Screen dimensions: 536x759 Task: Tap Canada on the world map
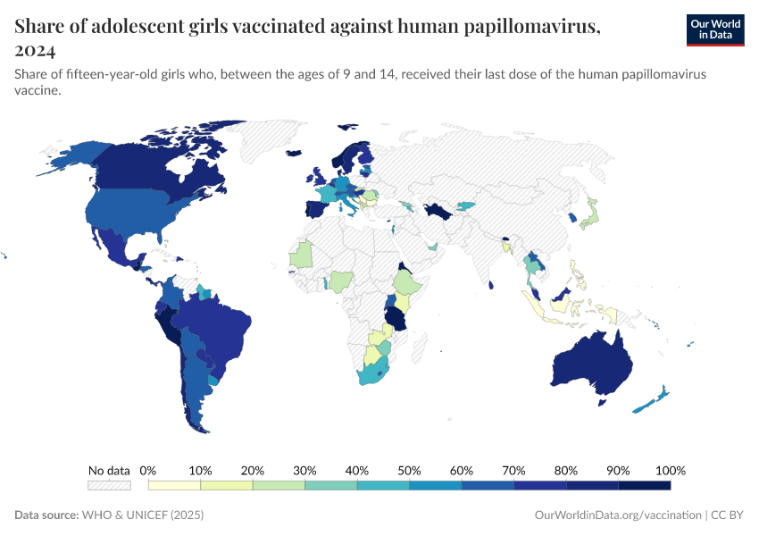pyautogui.click(x=152, y=165)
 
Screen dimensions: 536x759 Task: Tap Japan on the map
pyautogui.click(x=588, y=214)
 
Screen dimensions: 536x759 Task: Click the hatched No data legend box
pyautogui.click(x=109, y=486)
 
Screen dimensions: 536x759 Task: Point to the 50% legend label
pyautogui.click(x=409, y=471)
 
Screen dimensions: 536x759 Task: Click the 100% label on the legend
pyautogui.click(x=670, y=471)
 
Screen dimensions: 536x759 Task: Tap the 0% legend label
pyautogui.click(x=149, y=471)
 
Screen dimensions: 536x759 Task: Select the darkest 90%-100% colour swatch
pyautogui.click(x=644, y=486)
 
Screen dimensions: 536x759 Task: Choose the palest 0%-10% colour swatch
pyautogui.click(x=175, y=486)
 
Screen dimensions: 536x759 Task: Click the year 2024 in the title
pyautogui.click(x=35, y=50)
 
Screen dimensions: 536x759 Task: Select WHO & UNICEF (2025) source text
pyautogui.click(x=142, y=515)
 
